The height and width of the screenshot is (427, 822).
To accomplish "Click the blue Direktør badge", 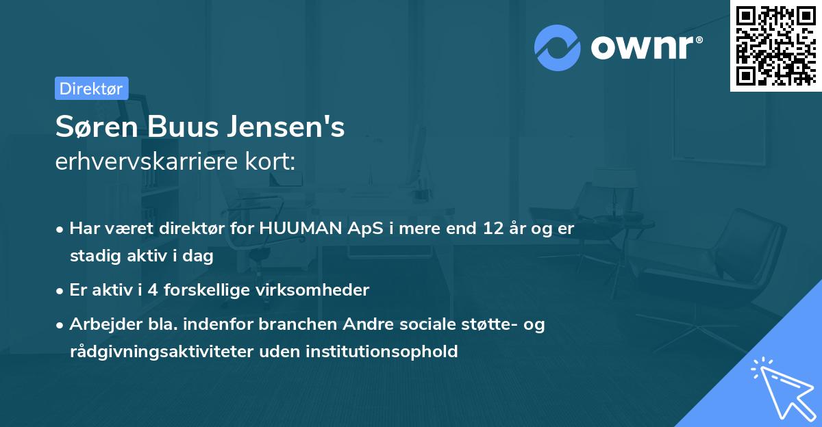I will click(91, 88).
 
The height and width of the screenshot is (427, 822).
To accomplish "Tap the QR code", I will click(775, 45).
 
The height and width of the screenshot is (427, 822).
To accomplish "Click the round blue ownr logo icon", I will click(557, 48).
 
